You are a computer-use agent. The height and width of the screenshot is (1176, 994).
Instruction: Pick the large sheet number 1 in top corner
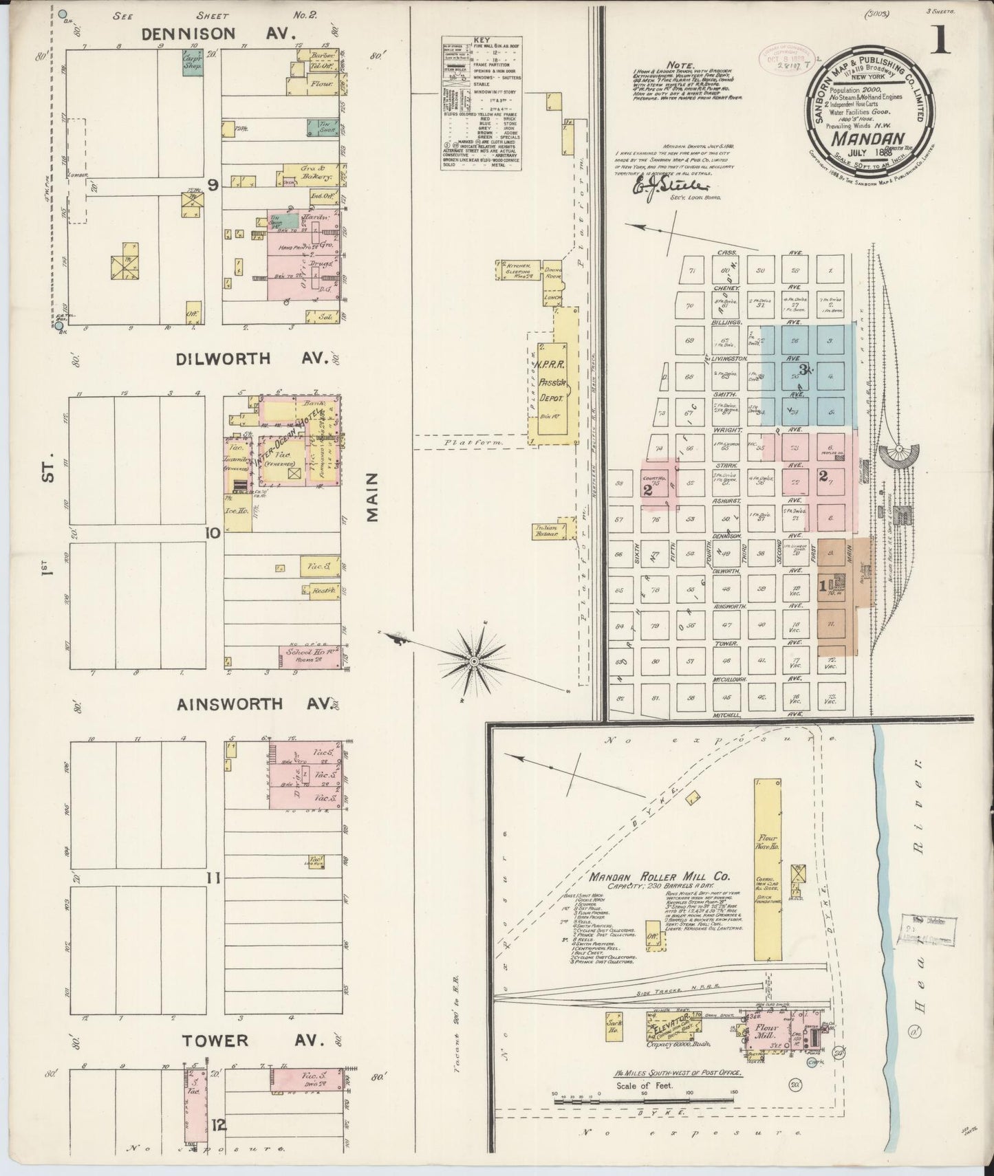[x=941, y=41]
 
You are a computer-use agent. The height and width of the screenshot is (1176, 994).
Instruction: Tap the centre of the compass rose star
[x=474, y=661]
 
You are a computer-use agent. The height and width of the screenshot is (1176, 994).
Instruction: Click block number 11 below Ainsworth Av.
[x=214, y=878]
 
